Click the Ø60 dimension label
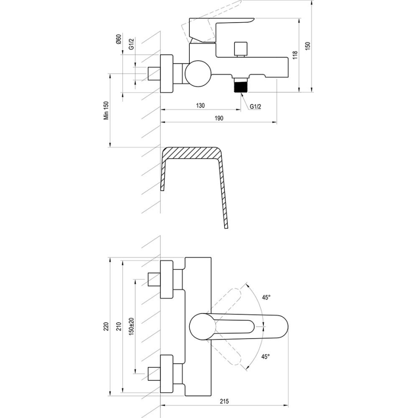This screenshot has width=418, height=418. (118, 40)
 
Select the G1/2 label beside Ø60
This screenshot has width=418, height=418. (131, 44)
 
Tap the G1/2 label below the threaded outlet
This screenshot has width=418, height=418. (255, 106)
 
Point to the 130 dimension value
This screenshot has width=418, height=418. (201, 105)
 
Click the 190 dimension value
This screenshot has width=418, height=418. (219, 118)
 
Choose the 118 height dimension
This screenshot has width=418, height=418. (295, 55)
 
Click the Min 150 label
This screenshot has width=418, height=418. (107, 111)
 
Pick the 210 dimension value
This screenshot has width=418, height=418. (119, 327)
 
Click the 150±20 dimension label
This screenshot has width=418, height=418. (131, 327)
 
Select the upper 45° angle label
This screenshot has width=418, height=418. (266, 297)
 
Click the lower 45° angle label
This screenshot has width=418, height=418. (266, 356)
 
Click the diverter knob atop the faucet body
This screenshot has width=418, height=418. (239, 49)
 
